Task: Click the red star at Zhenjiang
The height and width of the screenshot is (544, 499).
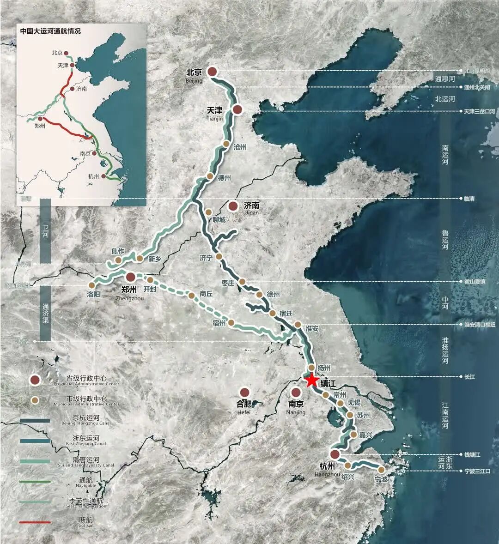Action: click(x=311, y=381)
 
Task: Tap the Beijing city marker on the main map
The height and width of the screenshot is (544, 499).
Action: click(x=212, y=72)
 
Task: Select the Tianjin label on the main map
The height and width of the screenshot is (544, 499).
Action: click(x=215, y=111)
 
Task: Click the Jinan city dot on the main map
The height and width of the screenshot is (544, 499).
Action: click(x=233, y=206)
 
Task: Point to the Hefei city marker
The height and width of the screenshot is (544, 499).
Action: click(x=245, y=393)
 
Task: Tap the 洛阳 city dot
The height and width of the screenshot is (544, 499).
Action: click(x=91, y=285)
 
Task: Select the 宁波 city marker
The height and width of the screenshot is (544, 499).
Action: click(x=381, y=470)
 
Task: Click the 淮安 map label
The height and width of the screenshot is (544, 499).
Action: click(x=312, y=329)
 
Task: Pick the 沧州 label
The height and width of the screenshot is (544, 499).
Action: click(x=241, y=147)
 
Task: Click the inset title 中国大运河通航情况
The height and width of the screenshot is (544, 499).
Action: click(x=50, y=31)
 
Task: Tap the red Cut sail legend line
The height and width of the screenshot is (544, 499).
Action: click(x=35, y=522)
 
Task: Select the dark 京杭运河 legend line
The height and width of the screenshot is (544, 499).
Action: click(x=35, y=421)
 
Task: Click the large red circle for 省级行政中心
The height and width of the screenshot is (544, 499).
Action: click(x=35, y=380)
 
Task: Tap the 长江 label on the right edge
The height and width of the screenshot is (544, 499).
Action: click(x=469, y=377)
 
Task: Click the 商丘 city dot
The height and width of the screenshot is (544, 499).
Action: click(x=191, y=295)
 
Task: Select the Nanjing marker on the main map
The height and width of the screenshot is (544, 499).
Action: click(x=296, y=393)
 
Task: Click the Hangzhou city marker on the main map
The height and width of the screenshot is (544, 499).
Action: click(x=335, y=454)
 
